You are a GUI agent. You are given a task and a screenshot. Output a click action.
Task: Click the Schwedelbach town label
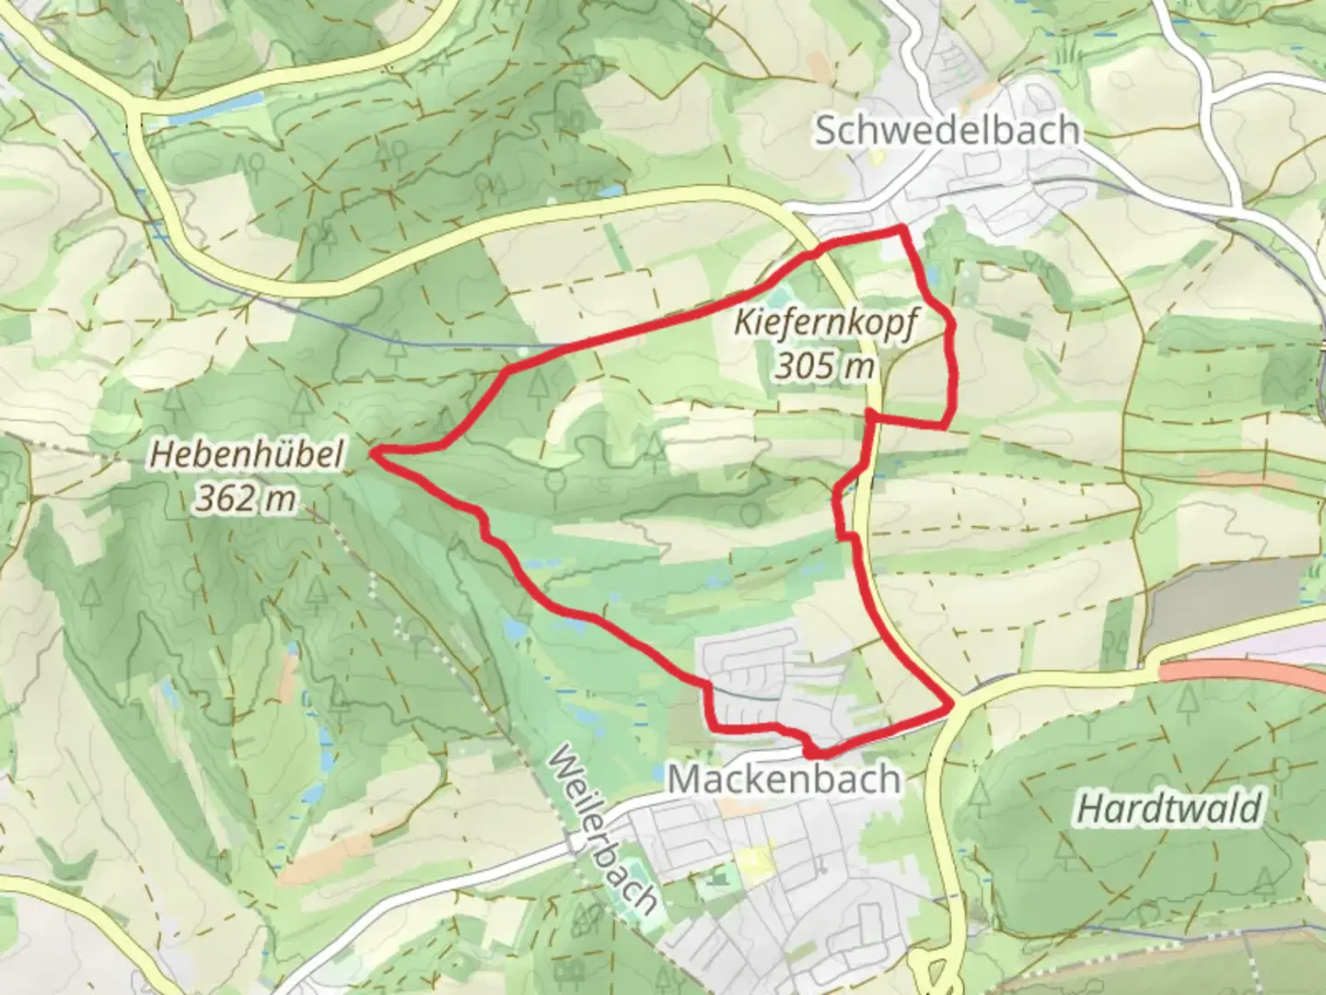point(947,130)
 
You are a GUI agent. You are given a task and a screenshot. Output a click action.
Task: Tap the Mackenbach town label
point(784,779)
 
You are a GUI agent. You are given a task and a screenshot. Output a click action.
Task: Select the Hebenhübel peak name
point(247,454)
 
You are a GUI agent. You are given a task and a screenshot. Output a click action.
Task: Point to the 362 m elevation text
point(246,498)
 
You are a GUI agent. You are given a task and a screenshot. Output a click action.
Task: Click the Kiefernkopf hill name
point(826,324)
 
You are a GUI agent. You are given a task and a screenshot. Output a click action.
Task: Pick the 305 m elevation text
point(824,366)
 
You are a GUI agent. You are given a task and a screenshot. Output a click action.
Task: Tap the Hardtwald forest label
point(1169,809)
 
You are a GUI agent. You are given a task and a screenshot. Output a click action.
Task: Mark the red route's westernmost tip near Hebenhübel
point(373,451)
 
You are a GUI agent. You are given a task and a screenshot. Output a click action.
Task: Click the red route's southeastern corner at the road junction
point(949,707)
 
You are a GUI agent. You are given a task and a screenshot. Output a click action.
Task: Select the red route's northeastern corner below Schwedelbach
point(901,228)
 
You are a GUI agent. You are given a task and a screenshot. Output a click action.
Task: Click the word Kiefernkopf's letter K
point(744,322)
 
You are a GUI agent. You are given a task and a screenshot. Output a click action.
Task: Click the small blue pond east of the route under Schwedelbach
point(931,275)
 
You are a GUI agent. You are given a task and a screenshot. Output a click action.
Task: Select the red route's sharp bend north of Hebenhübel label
point(506,370)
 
